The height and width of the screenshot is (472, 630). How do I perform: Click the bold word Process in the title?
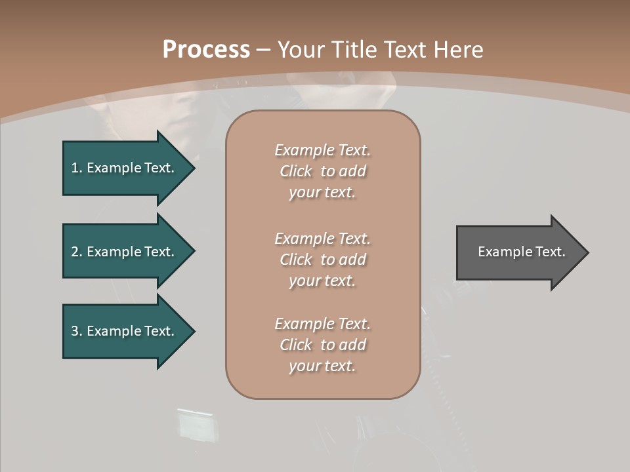206,50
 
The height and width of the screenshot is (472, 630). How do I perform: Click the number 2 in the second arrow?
75,252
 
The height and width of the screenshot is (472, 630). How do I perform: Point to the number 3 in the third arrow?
75,331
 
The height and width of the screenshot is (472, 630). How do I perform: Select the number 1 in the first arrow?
75,168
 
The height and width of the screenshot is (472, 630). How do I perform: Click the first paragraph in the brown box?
322,171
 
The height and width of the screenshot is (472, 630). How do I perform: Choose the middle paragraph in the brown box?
322,260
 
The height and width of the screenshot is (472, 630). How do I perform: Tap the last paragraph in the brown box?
322,345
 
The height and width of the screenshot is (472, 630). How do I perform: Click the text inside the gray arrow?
521,252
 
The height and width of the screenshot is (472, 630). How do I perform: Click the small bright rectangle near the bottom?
195,425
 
